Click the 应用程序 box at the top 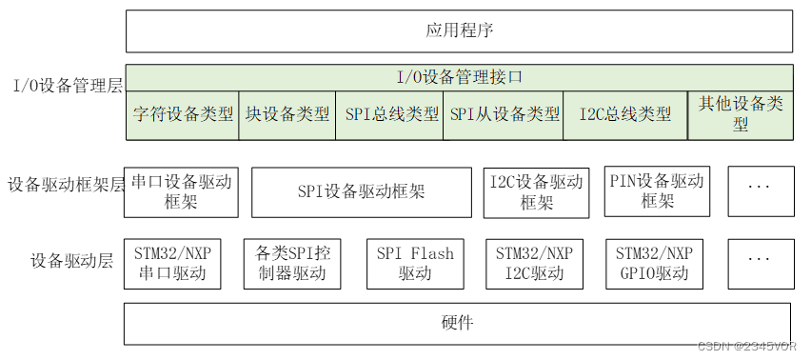tap(459, 31)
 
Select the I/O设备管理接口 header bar tap(459, 76)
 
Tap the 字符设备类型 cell tap(182, 114)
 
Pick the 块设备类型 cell tap(287, 114)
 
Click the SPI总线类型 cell tap(389, 114)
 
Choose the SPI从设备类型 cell tap(504, 114)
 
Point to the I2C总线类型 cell tap(625, 114)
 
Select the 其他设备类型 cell tap(740, 114)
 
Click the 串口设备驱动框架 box tap(181, 191)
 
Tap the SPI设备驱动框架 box tap(361, 191)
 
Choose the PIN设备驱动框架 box tap(657, 191)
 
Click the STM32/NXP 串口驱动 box tap(173, 264)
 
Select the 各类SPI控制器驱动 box tap(292, 264)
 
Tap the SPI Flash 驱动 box tap(415, 264)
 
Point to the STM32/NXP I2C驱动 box tap(535, 264)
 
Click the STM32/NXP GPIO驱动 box tap(654, 264)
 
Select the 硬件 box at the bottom tap(457, 323)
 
